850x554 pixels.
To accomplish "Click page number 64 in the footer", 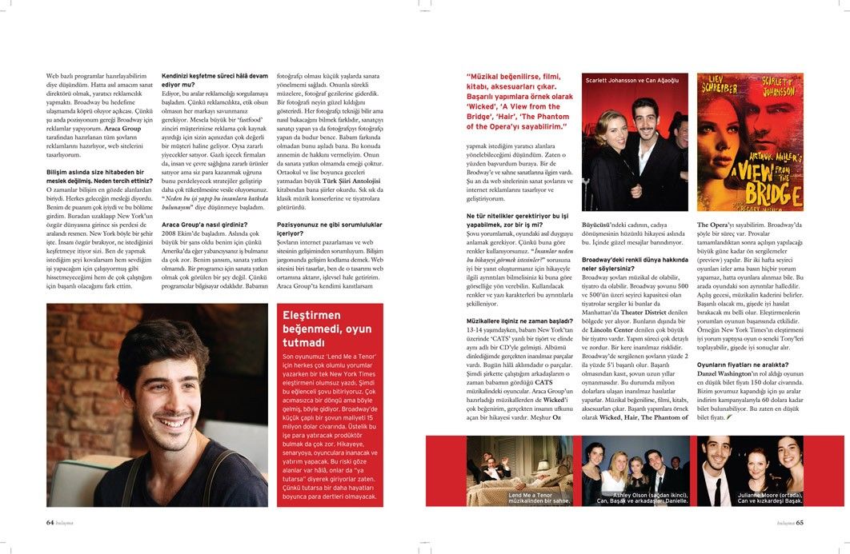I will click(49, 524).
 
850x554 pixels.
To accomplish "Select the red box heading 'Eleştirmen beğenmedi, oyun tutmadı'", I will click(326, 329).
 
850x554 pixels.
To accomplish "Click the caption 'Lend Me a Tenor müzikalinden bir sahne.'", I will click(540, 500).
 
